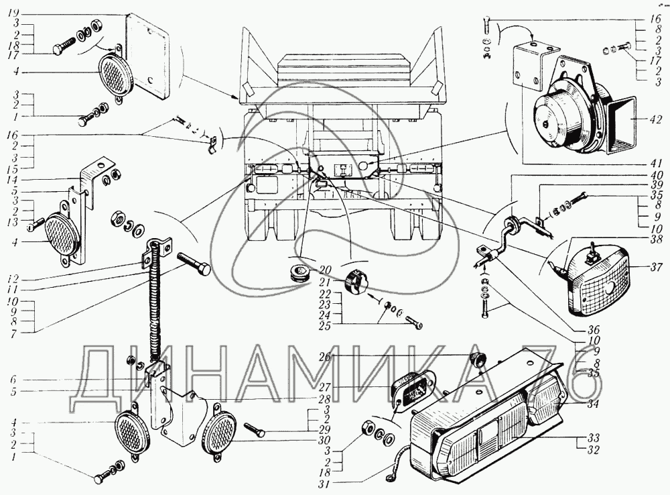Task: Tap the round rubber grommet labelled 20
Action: pyautogui.click(x=295, y=274)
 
